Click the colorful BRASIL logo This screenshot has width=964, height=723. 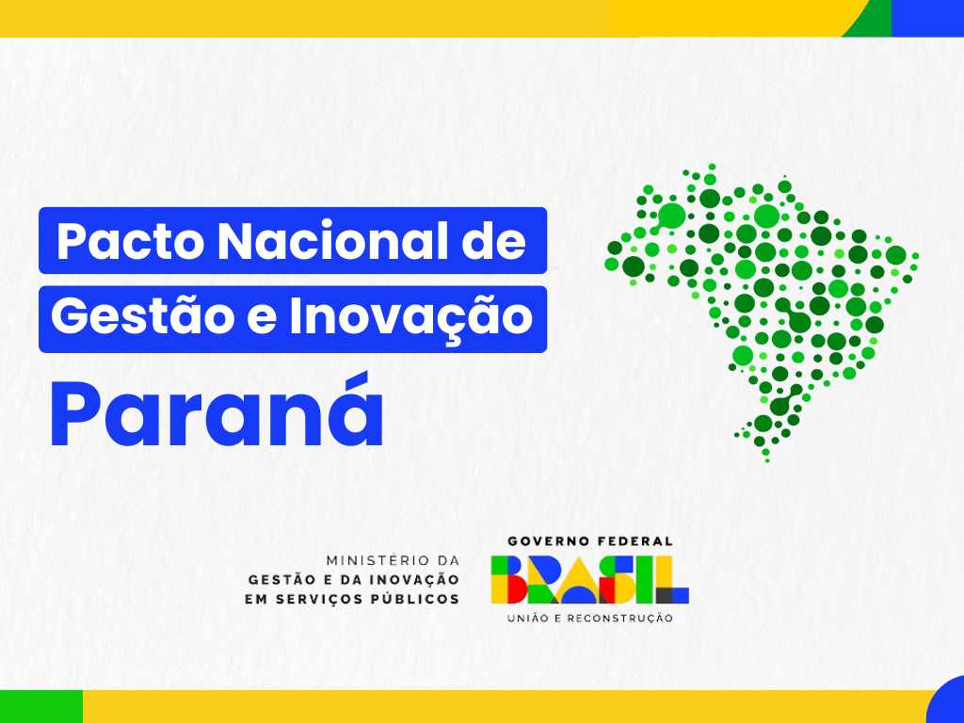[x=589, y=579]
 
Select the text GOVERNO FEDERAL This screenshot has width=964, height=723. [x=590, y=541]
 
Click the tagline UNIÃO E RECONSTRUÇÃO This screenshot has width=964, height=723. [x=590, y=619]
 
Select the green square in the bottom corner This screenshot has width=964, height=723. [x=40, y=706]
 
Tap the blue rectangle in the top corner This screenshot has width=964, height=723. [x=928, y=18]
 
